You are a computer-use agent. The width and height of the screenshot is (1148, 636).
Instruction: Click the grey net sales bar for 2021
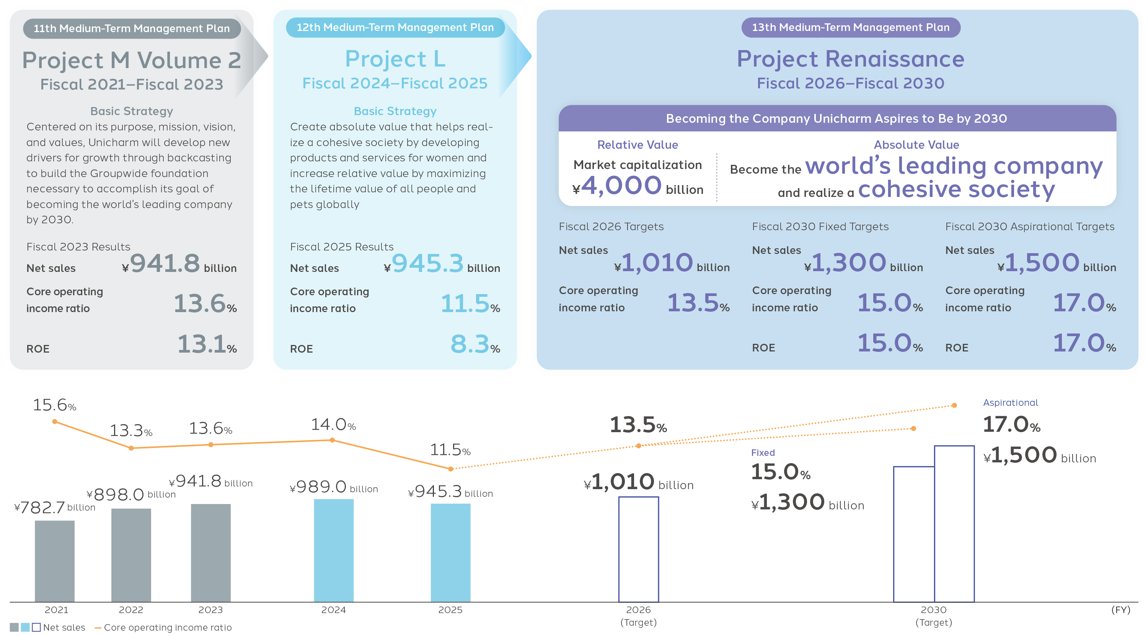54,561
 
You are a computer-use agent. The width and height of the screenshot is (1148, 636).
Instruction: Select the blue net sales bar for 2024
333,550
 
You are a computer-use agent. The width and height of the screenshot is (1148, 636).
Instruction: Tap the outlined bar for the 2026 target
638,549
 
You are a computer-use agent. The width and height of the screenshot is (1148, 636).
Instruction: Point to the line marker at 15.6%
54,421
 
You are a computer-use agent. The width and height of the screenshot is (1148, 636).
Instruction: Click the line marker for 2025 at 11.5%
450,468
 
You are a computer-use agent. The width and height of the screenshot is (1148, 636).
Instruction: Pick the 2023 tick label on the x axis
210,610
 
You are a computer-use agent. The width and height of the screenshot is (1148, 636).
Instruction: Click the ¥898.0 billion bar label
131,494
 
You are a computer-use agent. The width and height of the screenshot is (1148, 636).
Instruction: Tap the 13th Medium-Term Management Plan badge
850,28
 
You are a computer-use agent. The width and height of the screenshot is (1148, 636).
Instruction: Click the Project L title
395,59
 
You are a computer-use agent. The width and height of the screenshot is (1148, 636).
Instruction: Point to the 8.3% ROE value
475,344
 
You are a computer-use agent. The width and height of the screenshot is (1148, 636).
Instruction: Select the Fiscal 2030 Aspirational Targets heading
1029,227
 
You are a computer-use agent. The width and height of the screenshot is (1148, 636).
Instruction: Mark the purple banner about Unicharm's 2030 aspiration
837,119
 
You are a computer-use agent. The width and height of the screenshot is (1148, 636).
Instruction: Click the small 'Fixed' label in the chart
763,452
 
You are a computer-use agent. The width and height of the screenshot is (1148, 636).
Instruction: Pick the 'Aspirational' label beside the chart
1010,403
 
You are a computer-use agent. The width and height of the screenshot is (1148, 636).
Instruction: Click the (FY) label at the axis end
1120,610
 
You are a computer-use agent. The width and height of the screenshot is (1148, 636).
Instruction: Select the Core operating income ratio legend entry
163,628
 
